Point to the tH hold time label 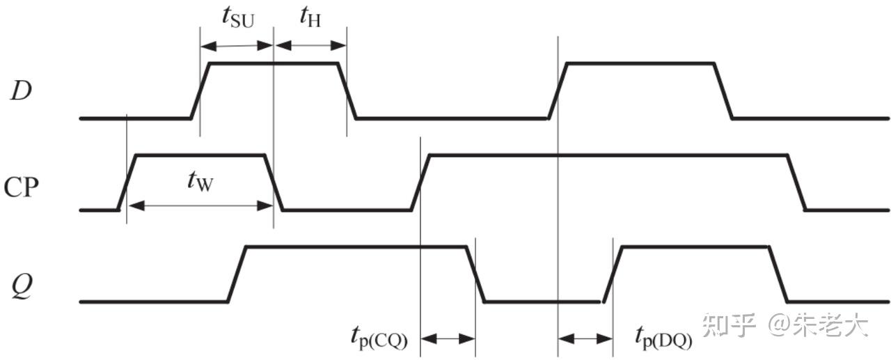310,17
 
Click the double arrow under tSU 237,46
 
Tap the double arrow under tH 310,46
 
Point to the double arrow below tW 200,205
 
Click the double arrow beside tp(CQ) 448,339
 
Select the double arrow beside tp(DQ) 585,339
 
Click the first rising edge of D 200,91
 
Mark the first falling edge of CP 274,182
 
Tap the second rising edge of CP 421,182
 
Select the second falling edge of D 723,91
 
